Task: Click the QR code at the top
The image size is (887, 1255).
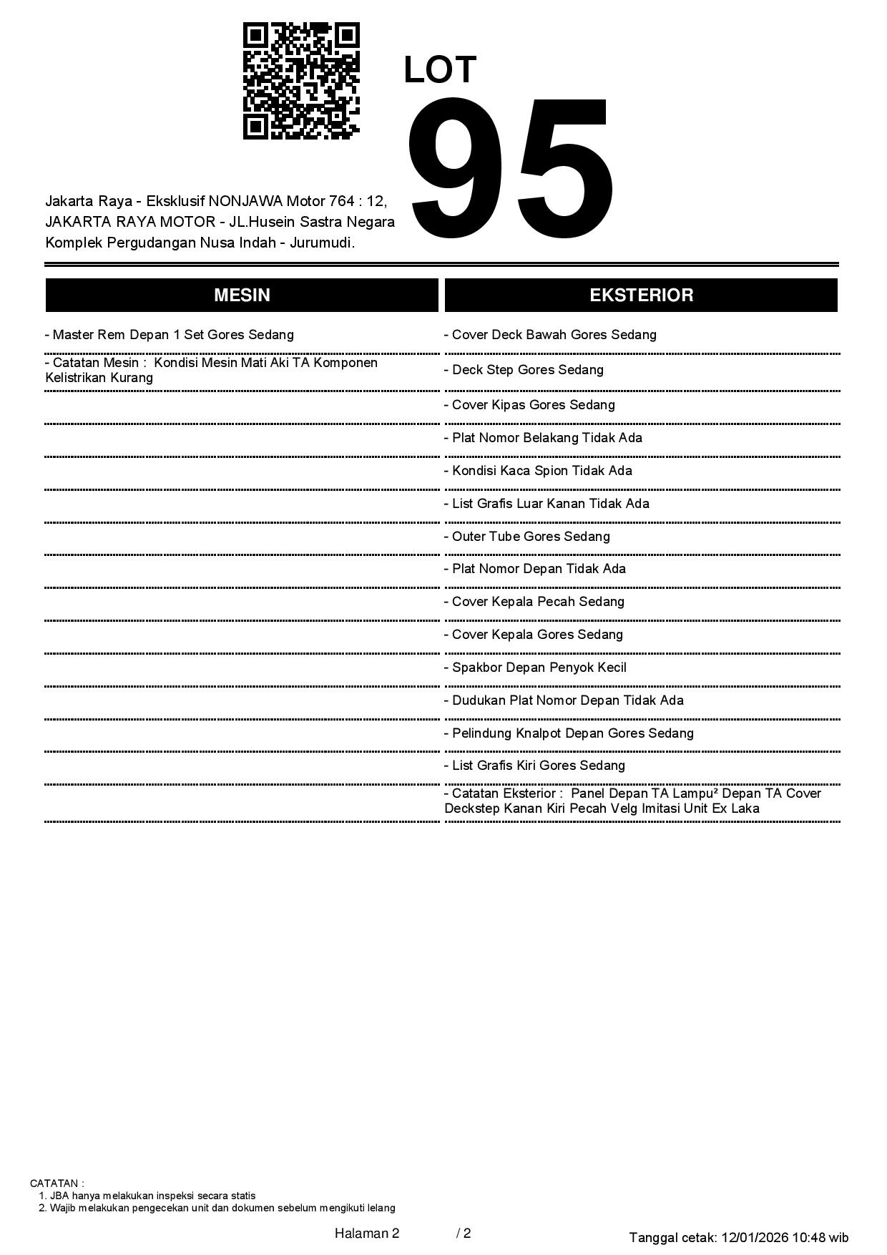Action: click(301, 81)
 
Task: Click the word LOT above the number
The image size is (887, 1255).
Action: click(440, 70)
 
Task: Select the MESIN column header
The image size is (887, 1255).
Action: click(242, 296)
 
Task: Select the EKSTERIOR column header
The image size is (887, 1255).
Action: click(641, 296)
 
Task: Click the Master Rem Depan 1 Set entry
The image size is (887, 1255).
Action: click(170, 335)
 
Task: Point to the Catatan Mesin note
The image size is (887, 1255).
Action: click(212, 370)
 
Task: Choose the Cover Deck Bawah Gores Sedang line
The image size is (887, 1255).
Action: click(550, 335)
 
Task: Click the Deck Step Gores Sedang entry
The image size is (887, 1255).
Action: click(524, 370)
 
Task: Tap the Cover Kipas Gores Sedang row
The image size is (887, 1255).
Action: click(529, 405)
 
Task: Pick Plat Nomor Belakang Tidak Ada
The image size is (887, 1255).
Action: click(543, 438)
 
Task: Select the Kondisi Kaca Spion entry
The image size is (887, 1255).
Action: click(538, 471)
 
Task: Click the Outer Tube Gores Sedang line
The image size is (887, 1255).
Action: click(527, 537)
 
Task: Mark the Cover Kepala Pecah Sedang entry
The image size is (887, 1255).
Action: click(534, 602)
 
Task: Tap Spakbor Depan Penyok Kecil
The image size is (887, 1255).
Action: click(535, 668)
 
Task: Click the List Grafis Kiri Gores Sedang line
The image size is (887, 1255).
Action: click(534, 766)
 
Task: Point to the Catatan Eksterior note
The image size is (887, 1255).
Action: click(633, 801)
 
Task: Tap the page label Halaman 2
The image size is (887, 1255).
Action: click(367, 1233)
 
